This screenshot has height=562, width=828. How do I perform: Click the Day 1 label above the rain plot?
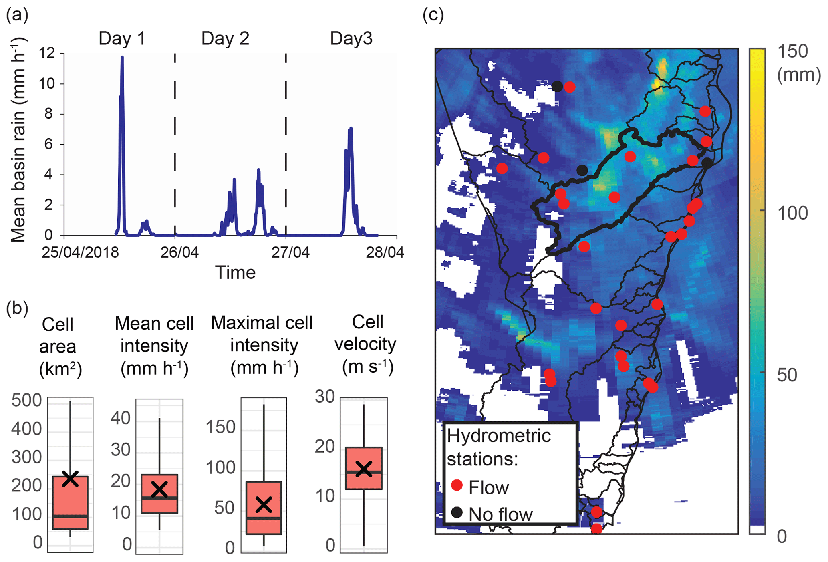click(122, 38)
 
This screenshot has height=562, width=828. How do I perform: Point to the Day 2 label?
click(225, 38)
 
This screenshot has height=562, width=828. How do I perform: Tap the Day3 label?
click(351, 38)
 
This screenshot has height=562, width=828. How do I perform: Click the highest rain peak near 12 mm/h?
click(122, 58)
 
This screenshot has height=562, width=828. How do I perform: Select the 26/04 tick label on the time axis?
click(179, 253)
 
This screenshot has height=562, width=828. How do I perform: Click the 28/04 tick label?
click(385, 253)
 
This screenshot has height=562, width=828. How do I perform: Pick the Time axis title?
click(235, 272)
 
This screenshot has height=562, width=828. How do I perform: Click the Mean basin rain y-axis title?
click(18, 140)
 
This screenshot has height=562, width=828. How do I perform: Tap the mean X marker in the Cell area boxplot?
click(71, 478)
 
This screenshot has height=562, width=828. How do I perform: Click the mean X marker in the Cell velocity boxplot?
click(364, 469)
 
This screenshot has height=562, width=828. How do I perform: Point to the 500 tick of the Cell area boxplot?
click(26, 400)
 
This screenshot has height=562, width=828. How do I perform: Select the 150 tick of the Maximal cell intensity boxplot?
click(220, 427)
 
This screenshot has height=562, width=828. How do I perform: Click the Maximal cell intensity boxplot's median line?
click(264, 518)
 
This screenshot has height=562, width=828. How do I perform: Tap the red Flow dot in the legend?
click(457, 485)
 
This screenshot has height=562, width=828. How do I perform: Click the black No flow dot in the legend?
click(457, 512)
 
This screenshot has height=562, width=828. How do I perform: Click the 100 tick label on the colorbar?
click(792, 213)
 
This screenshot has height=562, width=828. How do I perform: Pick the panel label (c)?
click(433, 15)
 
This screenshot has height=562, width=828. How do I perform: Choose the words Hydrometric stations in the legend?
click(499, 447)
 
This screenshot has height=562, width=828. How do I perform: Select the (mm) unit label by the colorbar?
click(799, 75)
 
